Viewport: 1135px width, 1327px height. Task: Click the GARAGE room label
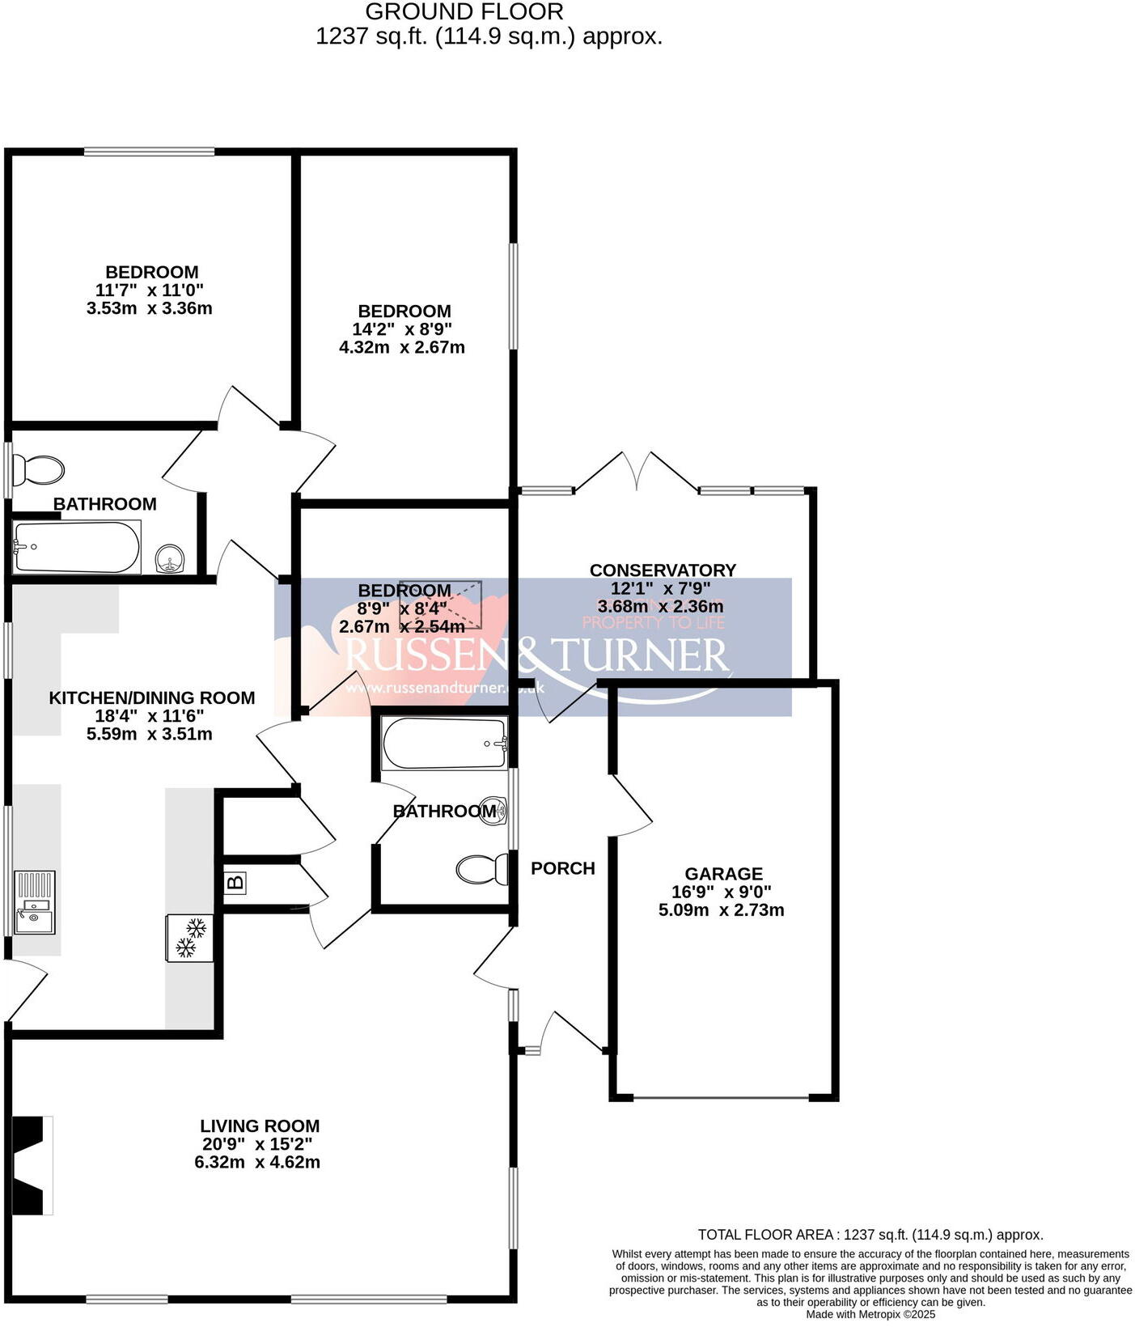pos(723,874)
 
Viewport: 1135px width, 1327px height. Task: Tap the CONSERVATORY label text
pos(663,570)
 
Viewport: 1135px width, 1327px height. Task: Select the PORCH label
pos(562,868)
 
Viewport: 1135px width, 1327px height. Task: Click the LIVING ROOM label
pos(260,1126)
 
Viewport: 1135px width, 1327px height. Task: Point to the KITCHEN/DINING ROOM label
pos(151,697)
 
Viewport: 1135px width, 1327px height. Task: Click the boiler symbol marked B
pos(235,883)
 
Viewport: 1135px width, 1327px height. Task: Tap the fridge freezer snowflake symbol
pos(190,938)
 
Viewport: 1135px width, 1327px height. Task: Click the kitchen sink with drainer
pos(35,902)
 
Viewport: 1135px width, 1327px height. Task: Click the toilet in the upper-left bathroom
pos(39,470)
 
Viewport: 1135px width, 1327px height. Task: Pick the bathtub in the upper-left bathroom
pos(77,548)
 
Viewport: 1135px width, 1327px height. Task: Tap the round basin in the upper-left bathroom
pos(170,558)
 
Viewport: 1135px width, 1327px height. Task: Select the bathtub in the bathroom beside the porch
pos(444,744)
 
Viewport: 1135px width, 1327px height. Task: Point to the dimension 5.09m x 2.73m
pos(721,909)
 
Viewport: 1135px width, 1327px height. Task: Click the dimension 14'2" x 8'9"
pos(402,329)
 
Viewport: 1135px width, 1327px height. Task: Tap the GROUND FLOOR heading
pos(464,12)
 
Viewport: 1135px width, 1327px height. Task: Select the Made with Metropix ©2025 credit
pos(870,1314)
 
